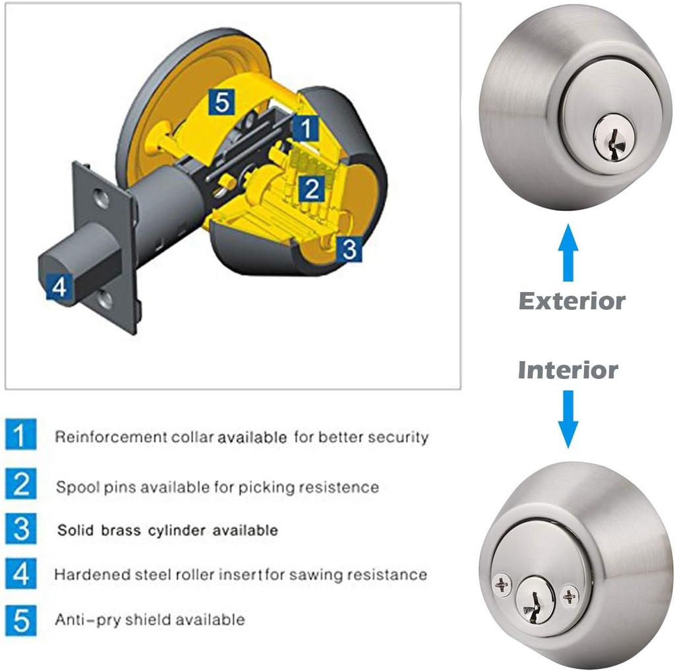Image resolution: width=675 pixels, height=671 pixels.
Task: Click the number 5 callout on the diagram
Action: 222,102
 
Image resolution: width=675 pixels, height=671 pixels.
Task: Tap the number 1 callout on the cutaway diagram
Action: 305,128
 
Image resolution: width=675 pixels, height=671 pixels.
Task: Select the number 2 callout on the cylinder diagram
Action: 310,189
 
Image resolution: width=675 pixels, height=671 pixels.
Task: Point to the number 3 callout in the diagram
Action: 349,250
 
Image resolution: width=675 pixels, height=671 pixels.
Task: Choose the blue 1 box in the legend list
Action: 21,436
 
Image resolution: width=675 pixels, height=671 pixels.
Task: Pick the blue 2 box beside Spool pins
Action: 21,485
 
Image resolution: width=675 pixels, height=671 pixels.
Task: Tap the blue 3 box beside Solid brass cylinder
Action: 21,529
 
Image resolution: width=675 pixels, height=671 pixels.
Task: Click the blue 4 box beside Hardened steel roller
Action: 21,574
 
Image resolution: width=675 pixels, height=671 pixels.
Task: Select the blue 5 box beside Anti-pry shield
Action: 21,620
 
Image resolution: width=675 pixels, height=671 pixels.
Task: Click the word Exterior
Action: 572,301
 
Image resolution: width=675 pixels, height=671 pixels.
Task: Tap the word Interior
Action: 568,370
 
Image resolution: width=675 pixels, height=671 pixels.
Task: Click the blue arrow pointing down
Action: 568,419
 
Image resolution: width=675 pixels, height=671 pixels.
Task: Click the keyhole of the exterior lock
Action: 606,134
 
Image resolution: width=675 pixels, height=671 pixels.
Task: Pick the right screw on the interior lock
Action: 570,597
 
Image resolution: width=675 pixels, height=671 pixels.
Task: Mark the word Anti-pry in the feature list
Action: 78,620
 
